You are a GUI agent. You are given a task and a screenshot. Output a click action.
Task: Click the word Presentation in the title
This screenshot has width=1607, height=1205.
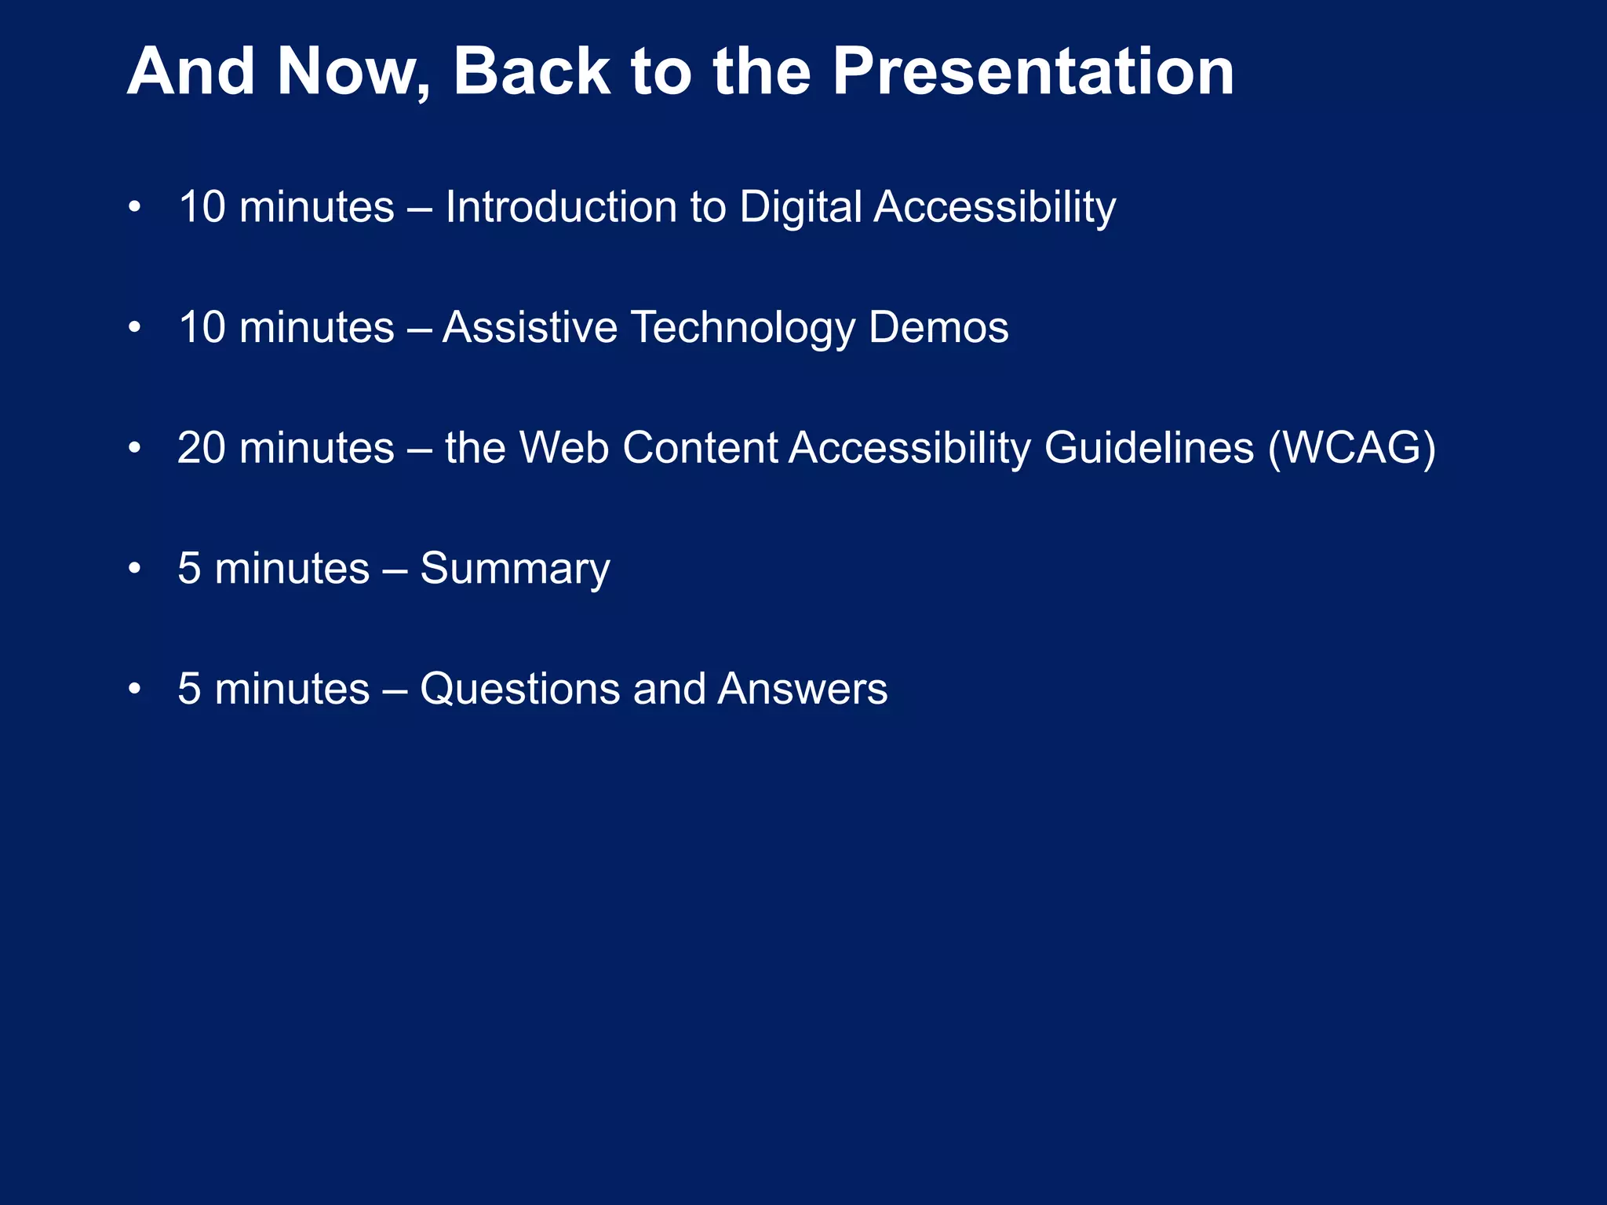click(x=1033, y=72)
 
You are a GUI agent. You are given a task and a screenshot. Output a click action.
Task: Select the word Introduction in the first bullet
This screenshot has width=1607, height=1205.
click(x=561, y=207)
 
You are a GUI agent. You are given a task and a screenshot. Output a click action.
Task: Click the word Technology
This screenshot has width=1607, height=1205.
click(x=742, y=329)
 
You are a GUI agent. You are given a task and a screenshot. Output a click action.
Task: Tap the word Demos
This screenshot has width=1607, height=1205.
click(x=938, y=327)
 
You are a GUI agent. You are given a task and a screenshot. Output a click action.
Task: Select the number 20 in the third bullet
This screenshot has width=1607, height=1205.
click(x=202, y=448)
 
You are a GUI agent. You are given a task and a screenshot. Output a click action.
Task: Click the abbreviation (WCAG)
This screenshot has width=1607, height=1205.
click(x=1352, y=448)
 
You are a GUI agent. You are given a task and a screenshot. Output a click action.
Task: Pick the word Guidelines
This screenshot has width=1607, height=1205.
click(x=1149, y=448)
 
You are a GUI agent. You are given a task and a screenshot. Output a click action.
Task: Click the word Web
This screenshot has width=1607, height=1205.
click(x=564, y=448)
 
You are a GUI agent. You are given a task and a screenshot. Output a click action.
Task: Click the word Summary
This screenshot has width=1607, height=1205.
click(x=515, y=570)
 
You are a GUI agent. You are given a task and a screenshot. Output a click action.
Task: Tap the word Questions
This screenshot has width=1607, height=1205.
click(x=519, y=689)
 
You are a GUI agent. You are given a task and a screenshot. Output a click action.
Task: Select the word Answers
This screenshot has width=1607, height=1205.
click(x=802, y=689)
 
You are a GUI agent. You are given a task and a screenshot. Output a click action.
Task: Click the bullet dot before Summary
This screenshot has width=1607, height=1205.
click(x=135, y=568)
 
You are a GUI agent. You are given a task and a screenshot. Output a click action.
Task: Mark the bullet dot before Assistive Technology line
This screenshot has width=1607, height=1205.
click(x=135, y=327)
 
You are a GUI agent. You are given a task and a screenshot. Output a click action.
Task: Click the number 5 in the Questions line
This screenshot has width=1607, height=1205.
click(x=189, y=689)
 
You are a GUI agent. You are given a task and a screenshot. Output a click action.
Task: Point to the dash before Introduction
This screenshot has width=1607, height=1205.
click(x=420, y=209)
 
